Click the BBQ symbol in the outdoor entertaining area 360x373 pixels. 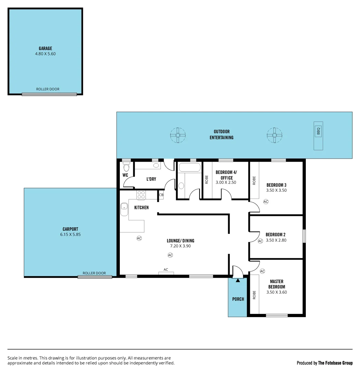point(318,132)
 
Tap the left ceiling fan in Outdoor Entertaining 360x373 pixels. point(178,135)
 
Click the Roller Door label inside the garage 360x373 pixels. point(48,89)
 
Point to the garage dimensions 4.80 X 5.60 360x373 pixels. point(45,54)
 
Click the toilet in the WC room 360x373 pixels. point(126,168)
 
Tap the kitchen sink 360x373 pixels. point(124,209)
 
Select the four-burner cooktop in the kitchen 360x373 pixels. point(141,195)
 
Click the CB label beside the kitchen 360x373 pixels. point(161,195)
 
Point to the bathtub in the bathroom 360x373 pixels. point(189,168)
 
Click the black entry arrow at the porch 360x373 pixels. point(237,280)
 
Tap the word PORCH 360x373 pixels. point(238,299)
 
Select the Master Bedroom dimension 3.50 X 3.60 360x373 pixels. point(276,292)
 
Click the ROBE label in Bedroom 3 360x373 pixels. point(254,180)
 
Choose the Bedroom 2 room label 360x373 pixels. point(275,235)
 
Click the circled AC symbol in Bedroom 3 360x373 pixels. point(265,201)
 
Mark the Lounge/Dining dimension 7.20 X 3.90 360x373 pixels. point(180,246)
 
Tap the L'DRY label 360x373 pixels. point(151,179)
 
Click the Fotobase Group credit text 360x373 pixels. point(324,363)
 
